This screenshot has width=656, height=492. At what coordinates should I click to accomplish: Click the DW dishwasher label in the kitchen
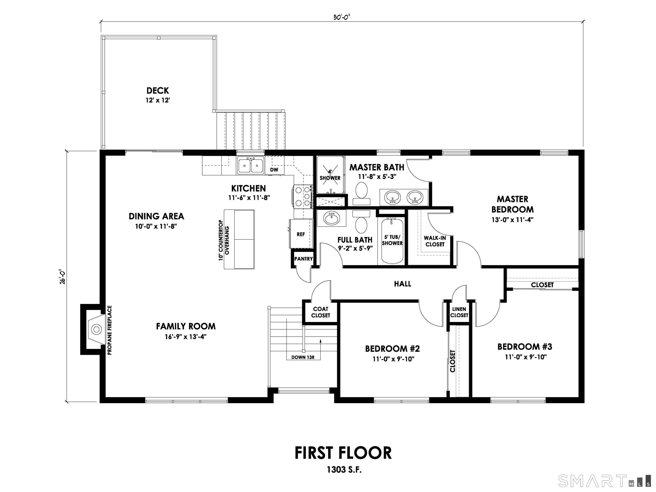[274, 170]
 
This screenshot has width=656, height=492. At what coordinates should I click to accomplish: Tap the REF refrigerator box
[301, 234]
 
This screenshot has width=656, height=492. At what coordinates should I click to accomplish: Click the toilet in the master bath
[361, 193]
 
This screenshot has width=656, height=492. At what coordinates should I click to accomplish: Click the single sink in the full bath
[331, 219]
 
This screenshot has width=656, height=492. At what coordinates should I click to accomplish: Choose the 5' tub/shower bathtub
[392, 241]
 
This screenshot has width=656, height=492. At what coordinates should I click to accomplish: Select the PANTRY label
[303, 259]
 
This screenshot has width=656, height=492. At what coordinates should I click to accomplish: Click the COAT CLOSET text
[320, 312]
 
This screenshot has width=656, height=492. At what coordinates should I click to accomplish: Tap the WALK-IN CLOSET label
[435, 241]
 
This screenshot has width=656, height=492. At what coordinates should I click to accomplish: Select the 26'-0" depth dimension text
[62, 276]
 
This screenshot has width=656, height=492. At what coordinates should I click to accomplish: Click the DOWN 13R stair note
[303, 357]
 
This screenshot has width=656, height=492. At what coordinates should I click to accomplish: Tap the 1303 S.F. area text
[344, 469]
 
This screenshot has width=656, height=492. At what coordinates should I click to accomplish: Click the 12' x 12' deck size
[157, 100]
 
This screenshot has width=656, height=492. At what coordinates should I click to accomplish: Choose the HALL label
[403, 284]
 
